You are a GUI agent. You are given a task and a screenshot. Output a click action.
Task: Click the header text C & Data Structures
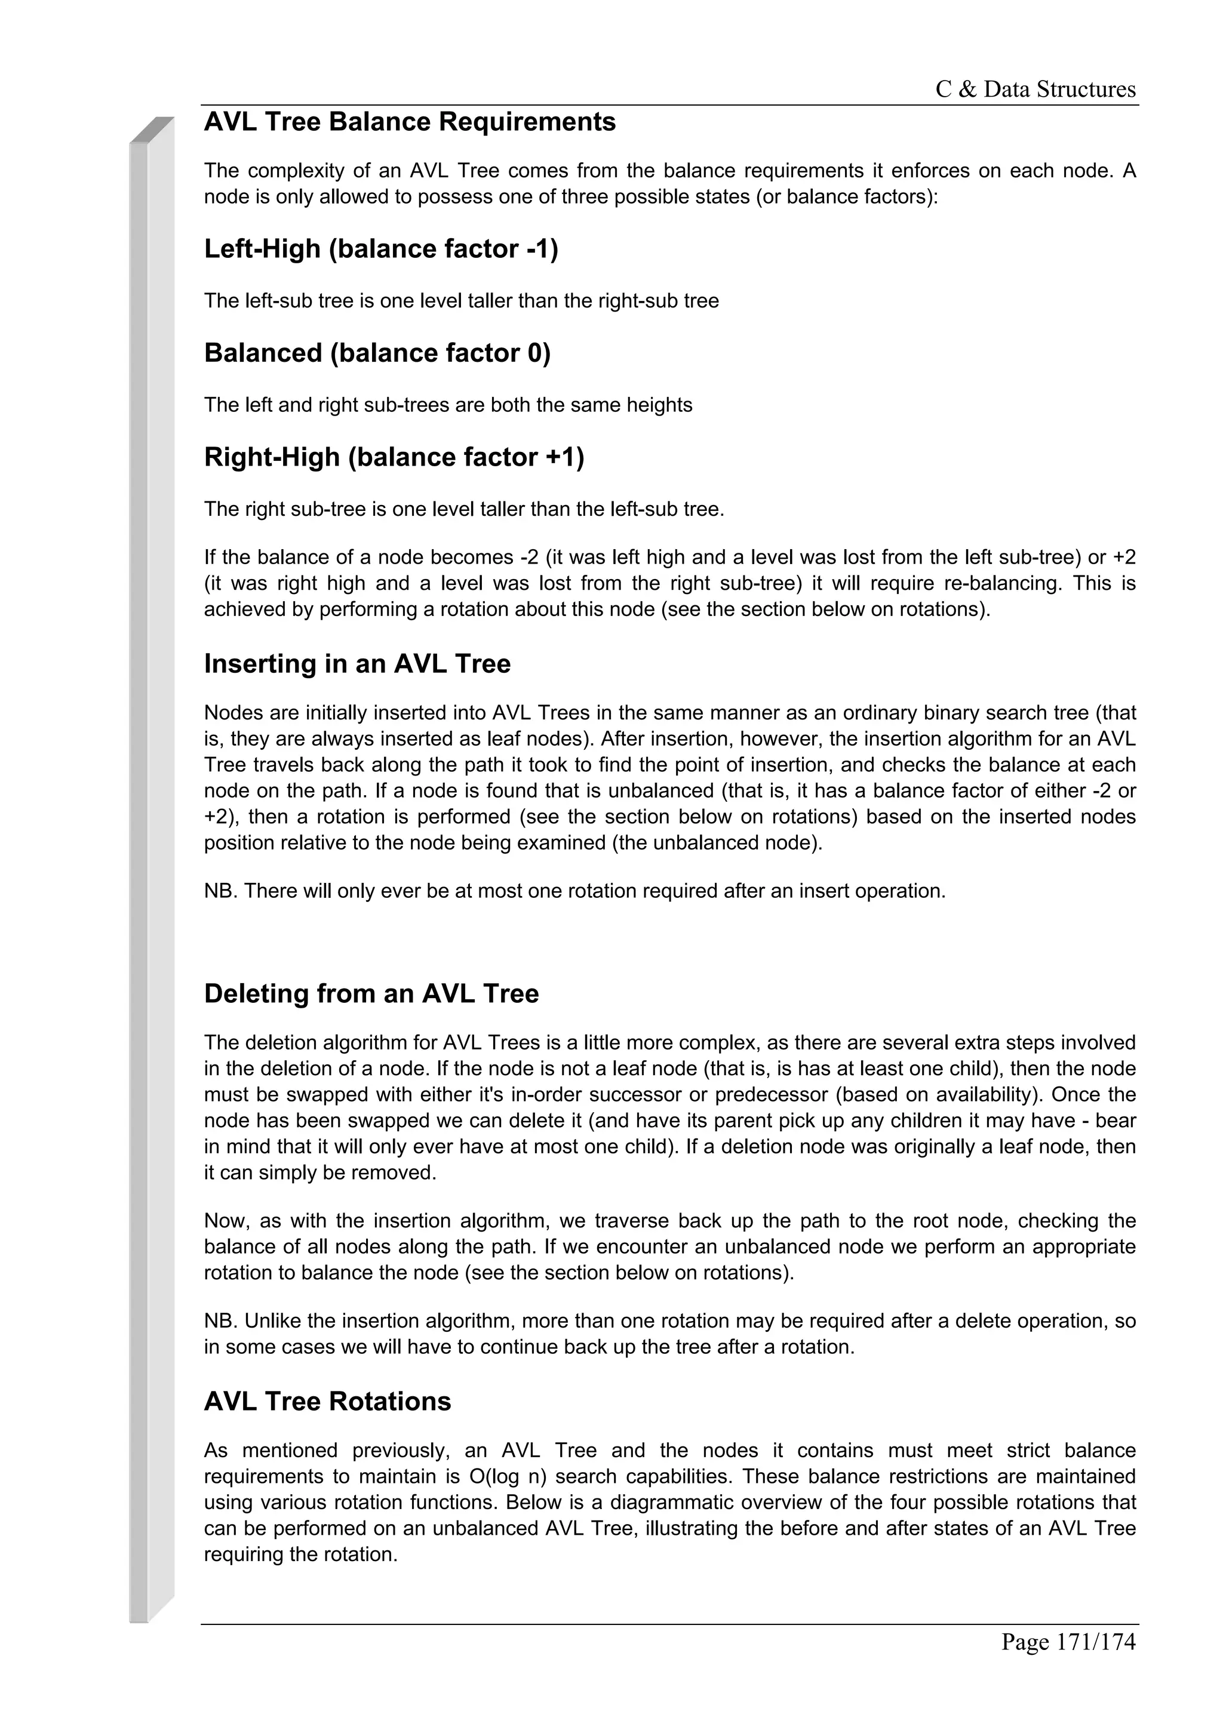[x=1035, y=90]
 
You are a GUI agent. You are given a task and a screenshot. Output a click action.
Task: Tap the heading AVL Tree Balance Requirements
[x=409, y=122]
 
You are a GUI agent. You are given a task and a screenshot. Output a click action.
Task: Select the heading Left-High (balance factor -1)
[x=380, y=249]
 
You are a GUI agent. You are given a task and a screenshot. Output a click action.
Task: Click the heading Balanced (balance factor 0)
[x=377, y=353]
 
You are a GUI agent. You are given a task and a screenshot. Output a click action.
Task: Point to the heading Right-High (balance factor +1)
[x=394, y=457]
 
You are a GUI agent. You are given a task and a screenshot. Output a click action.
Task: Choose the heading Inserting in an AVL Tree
[x=357, y=664]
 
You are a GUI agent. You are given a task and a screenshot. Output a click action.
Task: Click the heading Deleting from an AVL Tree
[x=371, y=993]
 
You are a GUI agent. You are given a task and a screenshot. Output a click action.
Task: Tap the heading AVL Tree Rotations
[x=327, y=1400]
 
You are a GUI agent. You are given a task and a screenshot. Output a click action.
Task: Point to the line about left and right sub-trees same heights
[x=448, y=405]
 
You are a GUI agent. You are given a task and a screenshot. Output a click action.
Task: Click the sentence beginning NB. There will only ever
[x=574, y=891]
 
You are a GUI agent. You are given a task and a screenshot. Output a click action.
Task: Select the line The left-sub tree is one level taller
[x=461, y=301]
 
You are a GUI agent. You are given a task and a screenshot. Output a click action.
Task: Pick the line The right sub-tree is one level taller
[x=463, y=509]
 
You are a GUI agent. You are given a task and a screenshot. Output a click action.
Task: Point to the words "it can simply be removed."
[x=320, y=1172]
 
